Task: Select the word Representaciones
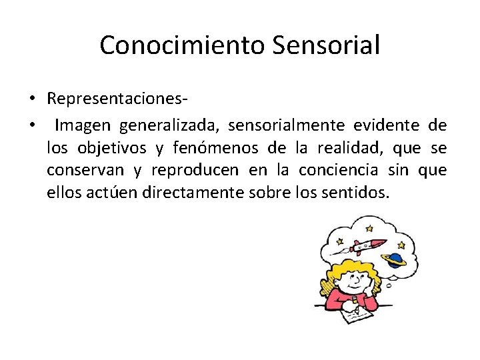coord(115,99)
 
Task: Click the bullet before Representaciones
coord(31,99)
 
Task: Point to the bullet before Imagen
coord(31,125)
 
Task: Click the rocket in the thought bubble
coord(369,246)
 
